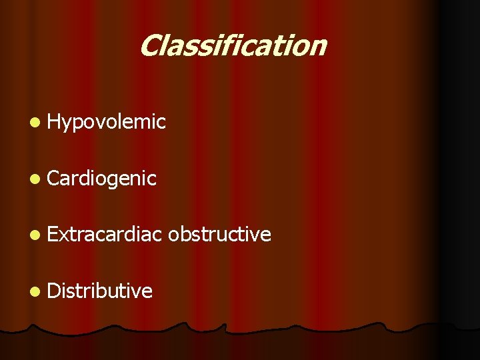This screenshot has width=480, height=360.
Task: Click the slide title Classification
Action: (233, 46)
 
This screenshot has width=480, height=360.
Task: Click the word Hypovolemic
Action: (106, 122)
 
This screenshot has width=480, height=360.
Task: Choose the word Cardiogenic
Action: (102, 179)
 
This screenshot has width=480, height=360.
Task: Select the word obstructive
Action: (219, 235)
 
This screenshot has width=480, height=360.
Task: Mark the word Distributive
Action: (100, 291)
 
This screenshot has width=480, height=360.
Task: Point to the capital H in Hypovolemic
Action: (54, 121)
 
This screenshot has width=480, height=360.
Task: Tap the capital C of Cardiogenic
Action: (54, 179)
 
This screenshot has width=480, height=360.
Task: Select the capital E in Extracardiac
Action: (53, 235)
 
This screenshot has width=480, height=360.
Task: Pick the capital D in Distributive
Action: (54, 291)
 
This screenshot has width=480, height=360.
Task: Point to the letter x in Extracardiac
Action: (63, 236)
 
